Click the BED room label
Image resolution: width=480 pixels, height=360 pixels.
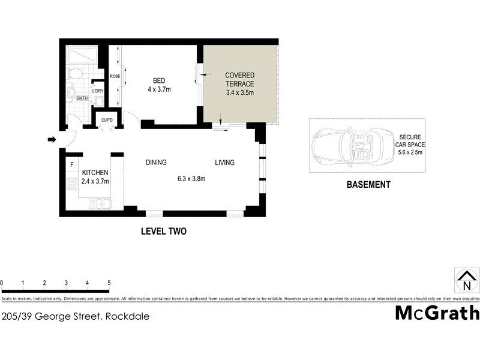coord(159,81)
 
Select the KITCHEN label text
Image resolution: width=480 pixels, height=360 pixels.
coord(95,173)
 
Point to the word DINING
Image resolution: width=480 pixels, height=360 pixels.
coord(156,163)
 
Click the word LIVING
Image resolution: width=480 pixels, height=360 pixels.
coord(225,163)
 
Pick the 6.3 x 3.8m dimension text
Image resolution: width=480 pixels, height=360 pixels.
coord(191,178)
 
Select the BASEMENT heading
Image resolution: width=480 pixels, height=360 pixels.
coord(368,185)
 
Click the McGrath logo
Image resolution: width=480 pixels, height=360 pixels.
coord(437,313)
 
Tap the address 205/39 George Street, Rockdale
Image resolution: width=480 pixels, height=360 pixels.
coord(75,316)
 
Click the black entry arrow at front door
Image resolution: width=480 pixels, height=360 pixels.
coord(52,140)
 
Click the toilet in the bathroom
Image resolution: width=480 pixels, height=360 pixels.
coord(76,74)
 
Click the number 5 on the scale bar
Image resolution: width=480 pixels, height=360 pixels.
coord(109,283)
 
